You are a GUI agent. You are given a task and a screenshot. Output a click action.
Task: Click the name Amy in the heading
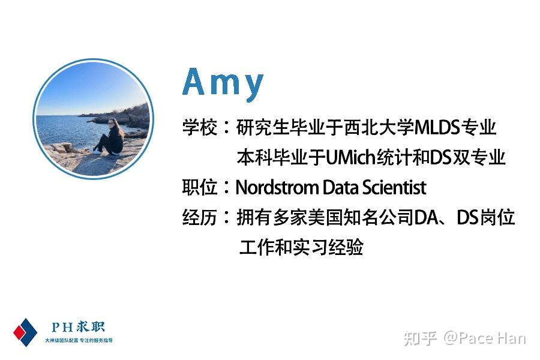[223, 83]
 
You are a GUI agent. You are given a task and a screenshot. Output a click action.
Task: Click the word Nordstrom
[278, 187]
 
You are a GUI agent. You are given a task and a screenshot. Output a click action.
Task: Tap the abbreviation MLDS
[437, 127]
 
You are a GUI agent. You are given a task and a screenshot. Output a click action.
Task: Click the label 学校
[200, 127]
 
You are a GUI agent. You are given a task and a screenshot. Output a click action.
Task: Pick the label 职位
[200, 187]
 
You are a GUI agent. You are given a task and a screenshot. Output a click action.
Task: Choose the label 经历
[200, 217]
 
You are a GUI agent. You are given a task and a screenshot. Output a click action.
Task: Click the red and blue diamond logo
[25, 332]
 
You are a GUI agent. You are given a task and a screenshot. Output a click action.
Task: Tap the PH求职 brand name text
[78, 326]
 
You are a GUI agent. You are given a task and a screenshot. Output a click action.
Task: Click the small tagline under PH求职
[79, 340]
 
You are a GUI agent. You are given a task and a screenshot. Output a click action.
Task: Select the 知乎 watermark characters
[420, 338]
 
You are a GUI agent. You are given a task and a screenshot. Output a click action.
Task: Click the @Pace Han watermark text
[485, 338]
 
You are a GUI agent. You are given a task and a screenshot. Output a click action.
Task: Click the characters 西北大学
[379, 127]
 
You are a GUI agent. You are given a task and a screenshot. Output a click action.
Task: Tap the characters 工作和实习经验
[301, 247]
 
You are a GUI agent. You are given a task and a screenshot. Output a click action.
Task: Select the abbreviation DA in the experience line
[427, 217]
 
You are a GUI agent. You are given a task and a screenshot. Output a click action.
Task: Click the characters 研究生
[263, 127]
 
